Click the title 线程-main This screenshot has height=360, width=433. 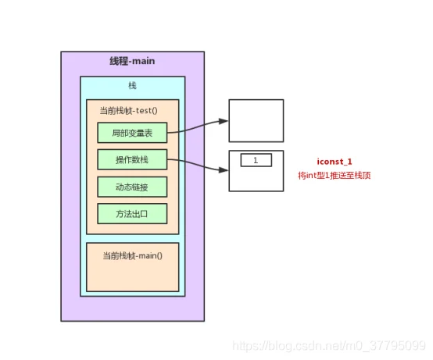tap(132, 61)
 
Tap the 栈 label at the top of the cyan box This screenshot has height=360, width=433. tap(132, 86)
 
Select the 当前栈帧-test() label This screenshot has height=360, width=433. tap(129, 111)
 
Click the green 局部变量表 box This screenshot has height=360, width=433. tap(132, 133)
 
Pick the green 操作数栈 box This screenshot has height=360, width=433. tap(132, 159)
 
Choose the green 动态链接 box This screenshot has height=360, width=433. tap(132, 187)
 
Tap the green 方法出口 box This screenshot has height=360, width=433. tap(132, 214)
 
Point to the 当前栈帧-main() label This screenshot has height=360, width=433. tap(133, 255)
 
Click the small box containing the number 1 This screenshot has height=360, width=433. tap(256, 160)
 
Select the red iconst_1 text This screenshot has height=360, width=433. tap(335, 162)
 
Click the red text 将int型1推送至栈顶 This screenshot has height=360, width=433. tap(335, 175)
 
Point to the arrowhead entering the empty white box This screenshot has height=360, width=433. tap(224, 121)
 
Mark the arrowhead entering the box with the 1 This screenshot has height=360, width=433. tap(224, 169)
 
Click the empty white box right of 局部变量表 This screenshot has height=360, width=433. tap(256, 121)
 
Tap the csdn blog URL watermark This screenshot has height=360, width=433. tap(329, 346)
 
